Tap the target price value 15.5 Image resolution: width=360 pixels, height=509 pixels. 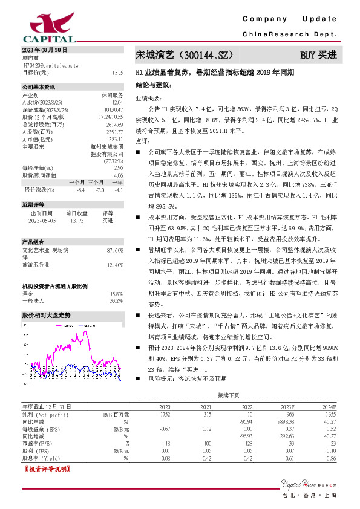(x=117, y=71)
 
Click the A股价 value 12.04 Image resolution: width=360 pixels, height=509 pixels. (x=117, y=102)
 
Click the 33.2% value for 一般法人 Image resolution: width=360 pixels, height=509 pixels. (x=116, y=300)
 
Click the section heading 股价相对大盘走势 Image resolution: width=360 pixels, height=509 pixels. (x=47, y=316)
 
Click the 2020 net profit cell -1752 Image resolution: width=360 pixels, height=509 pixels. (x=164, y=415)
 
